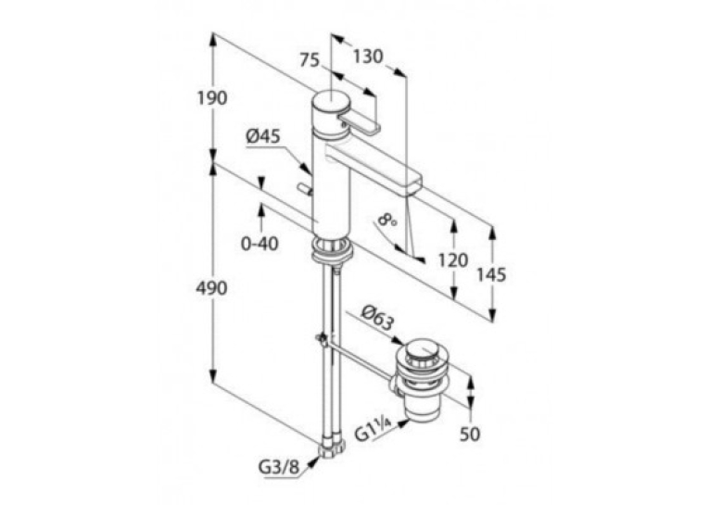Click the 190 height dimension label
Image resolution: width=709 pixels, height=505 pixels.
pyautogui.click(x=211, y=97)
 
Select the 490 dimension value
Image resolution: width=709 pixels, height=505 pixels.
pyautogui.click(x=211, y=288)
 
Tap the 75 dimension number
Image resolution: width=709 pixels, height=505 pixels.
pyautogui.click(x=310, y=59)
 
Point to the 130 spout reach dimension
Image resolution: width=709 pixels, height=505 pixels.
pyautogui.click(x=368, y=57)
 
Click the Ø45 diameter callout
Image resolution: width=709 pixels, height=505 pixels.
pyautogui.click(x=263, y=136)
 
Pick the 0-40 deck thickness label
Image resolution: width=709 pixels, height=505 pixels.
pyautogui.click(x=260, y=244)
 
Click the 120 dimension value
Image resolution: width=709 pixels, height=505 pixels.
pyautogui.click(x=452, y=260)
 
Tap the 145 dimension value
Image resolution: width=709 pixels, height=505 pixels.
pyautogui.click(x=491, y=274)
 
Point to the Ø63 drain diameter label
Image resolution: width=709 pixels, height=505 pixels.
pyautogui.click(x=377, y=317)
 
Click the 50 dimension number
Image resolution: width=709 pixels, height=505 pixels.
pyautogui.click(x=470, y=435)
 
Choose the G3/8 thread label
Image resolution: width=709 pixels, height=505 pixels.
pyautogui.click(x=279, y=468)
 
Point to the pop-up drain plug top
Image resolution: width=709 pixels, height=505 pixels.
pyautogui.click(x=420, y=351)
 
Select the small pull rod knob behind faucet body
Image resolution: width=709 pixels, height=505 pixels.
pyautogui.click(x=304, y=189)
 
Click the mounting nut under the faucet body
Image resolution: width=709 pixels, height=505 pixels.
pyautogui.click(x=332, y=251)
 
